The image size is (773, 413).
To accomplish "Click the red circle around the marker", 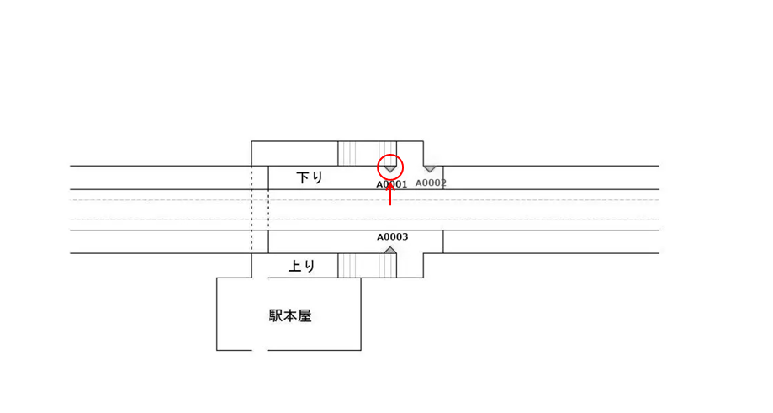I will tap(390, 167).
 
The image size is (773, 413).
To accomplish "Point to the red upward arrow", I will tap(390, 193).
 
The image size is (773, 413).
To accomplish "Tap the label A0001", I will tap(391, 184).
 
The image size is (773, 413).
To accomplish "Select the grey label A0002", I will tap(431, 183).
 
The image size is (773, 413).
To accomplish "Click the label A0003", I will tap(392, 237).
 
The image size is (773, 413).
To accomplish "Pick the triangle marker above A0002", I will tap(430, 169).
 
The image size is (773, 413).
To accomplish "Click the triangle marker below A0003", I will tap(390, 250).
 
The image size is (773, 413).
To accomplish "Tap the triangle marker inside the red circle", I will tap(390, 169).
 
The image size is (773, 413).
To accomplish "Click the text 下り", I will tap(310, 177).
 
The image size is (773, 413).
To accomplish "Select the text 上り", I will tap(302, 266).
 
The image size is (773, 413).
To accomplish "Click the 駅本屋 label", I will tap(290, 315).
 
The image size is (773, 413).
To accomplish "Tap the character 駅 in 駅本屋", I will tap(276, 315).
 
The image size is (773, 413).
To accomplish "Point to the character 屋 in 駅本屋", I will tap(304, 315).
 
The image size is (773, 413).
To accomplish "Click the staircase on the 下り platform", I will tap(367, 153).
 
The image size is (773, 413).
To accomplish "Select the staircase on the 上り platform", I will tap(367, 266).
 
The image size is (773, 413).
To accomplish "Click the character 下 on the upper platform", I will tap(303, 177).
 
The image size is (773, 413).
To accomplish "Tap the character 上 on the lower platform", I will tap(295, 266).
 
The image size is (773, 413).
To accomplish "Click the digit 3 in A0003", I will tap(405, 237).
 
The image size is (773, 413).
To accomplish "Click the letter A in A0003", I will tap(379, 237).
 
